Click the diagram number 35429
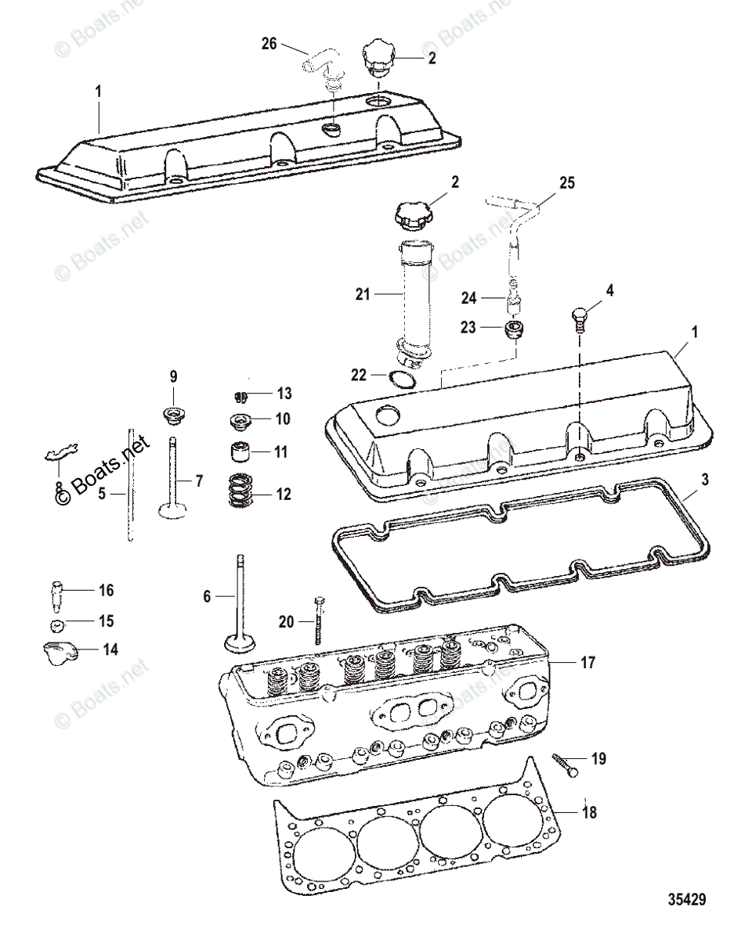[686, 899]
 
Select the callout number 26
[269, 45]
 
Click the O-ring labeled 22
[401, 380]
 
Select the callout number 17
[587, 663]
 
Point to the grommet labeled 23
[514, 330]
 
